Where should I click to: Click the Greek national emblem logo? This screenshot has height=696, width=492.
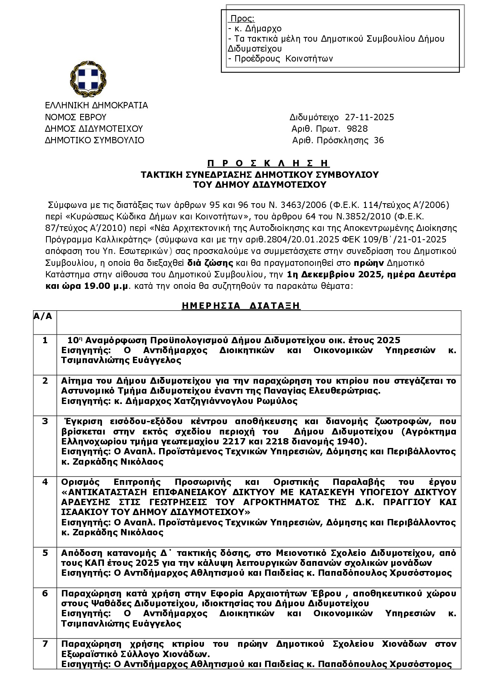click(x=88, y=79)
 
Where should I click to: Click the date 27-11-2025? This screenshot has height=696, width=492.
click(x=369, y=117)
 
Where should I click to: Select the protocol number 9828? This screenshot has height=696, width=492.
click(x=357, y=129)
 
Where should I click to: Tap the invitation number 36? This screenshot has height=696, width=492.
click(x=379, y=140)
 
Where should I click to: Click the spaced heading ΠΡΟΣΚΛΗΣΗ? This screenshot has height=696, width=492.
click(x=268, y=163)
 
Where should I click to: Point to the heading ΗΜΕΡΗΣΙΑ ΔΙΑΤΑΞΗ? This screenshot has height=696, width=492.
click(x=241, y=306)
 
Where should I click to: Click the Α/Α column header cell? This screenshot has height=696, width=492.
click(x=43, y=317)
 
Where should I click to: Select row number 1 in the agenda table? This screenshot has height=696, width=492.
click(x=45, y=340)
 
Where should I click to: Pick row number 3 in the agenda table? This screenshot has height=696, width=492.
click(x=45, y=421)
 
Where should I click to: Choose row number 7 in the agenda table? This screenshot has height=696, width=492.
click(x=45, y=644)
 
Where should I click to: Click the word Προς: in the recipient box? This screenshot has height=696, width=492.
click(x=242, y=19)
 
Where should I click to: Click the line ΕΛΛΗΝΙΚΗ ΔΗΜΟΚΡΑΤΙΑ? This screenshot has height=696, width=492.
click(x=96, y=106)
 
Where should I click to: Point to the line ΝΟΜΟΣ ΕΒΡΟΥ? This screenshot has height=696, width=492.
click(x=76, y=117)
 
